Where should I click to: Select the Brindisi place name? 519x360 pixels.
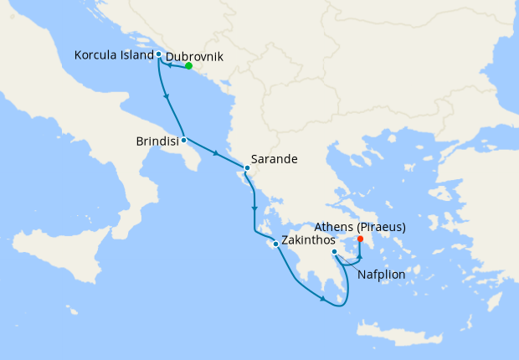[157, 142]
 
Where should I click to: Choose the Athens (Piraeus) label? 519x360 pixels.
[361, 227]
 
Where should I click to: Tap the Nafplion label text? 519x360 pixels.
[382, 274]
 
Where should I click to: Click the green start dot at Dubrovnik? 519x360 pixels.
[188, 66]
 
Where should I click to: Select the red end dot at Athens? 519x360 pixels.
[360, 239]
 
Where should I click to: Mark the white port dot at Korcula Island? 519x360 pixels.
[158, 54]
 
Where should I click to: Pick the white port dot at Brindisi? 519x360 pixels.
[183, 140]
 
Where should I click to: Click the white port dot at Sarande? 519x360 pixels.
[247, 167]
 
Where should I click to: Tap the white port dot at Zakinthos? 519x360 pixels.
[275, 244]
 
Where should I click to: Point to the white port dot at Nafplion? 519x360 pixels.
[334, 252]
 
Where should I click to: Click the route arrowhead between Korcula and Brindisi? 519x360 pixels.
[169, 96]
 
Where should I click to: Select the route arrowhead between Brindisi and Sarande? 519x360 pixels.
[217, 154]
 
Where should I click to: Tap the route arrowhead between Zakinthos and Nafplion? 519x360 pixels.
[322, 299]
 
